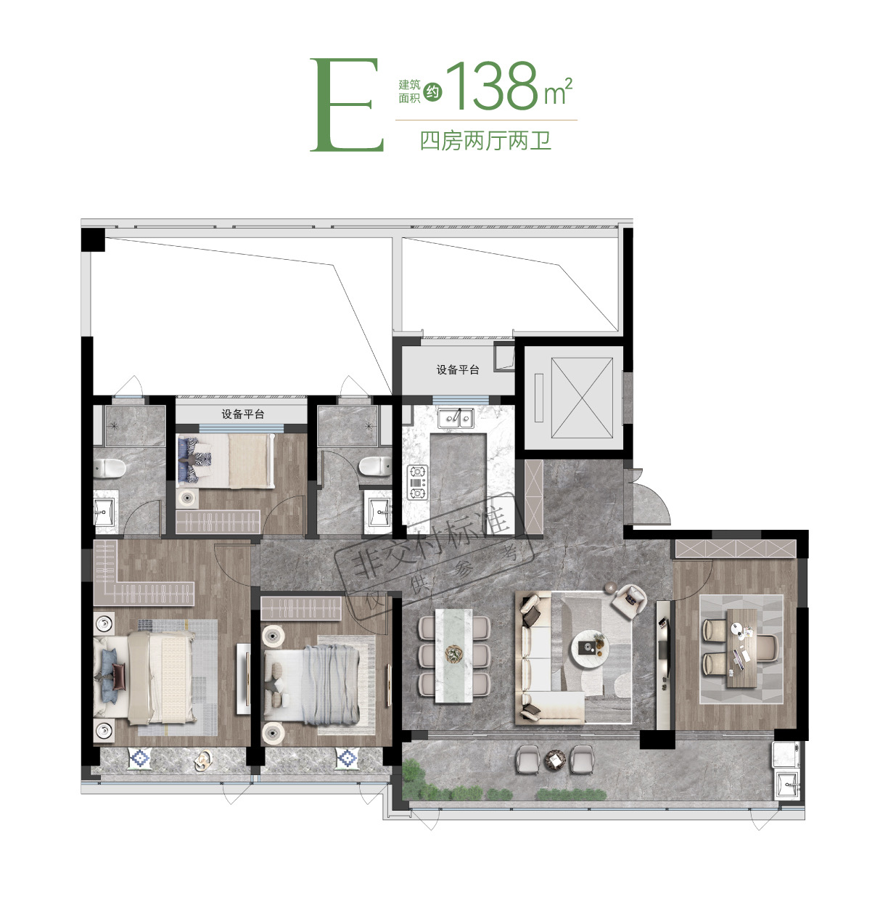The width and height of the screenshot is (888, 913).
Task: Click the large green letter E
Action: pyautogui.click(x=346, y=105)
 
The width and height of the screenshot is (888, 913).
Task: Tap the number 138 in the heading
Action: pyautogui.click(x=492, y=86)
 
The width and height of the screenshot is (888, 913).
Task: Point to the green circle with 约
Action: pyautogui.click(x=432, y=92)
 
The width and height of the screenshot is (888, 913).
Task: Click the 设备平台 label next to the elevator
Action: pyautogui.click(x=457, y=369)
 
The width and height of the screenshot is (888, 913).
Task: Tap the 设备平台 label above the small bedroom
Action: pyautogui.click(x=242, y=414)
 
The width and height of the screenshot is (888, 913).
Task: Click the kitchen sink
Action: pyautogui.click(x=455, y=417)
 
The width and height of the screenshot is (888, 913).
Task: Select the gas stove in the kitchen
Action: pyautogui.click(x=417, y=481)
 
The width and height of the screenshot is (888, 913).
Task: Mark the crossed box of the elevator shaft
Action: pyautogui.click(x=582, y=398)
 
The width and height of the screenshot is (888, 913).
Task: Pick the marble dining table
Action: pyautogui.click(x=453, y=655)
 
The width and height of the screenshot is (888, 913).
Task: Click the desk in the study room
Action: pyautogui.click(x=741, y=648)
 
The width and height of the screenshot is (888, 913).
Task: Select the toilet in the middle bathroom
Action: pyautogui.click(x=375, y=467)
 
